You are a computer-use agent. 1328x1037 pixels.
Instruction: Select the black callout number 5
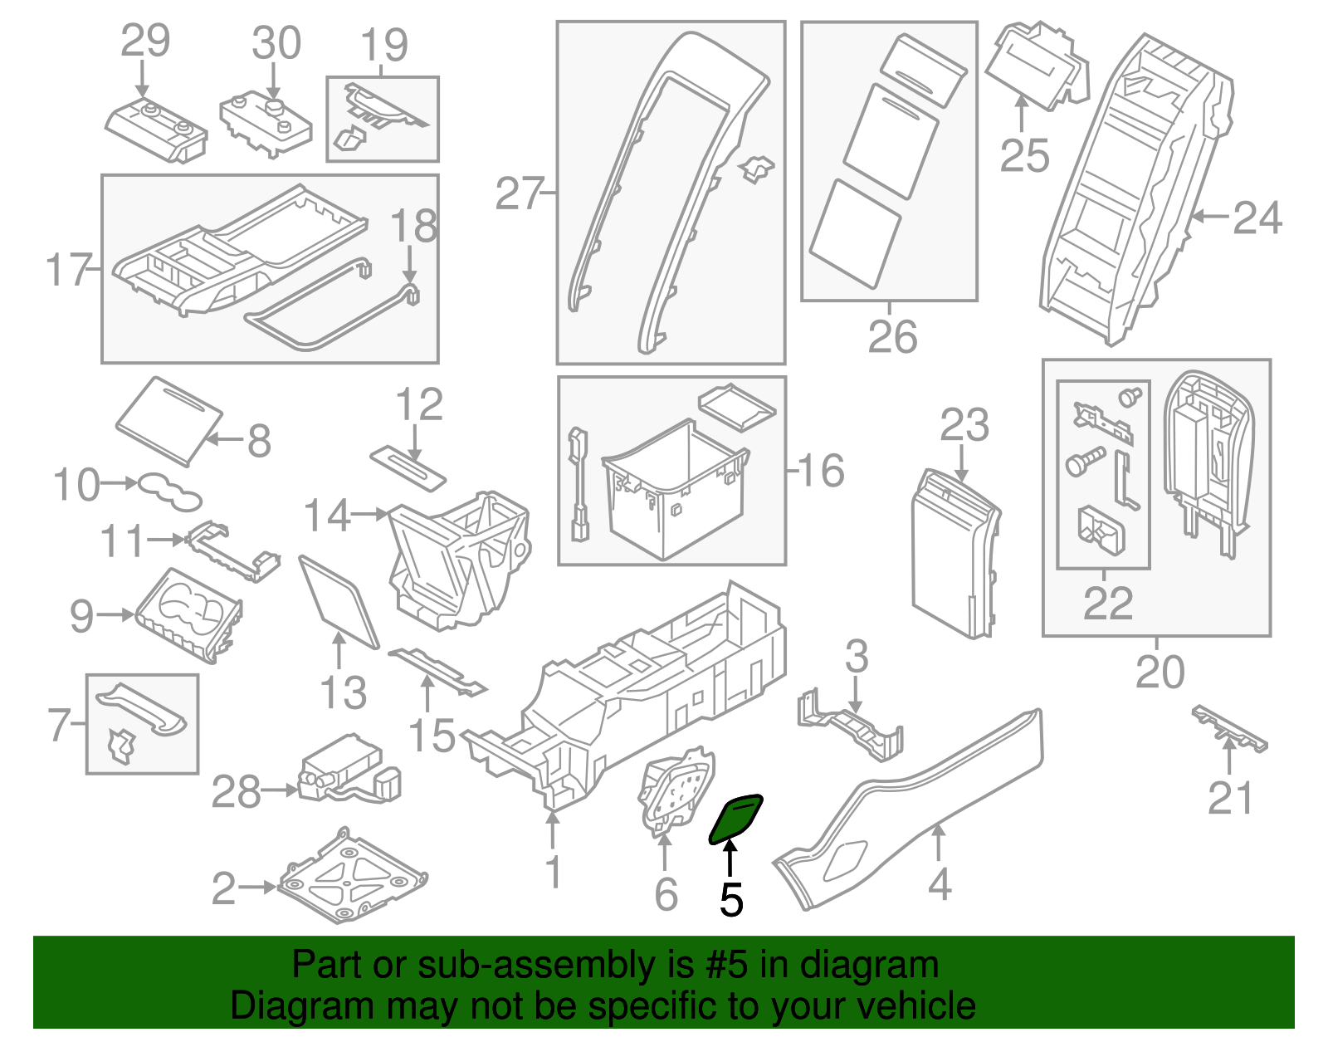click(730, 899)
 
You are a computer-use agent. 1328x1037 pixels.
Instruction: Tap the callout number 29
click(145, 41)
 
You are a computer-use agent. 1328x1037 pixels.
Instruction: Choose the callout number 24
click(1257, 218)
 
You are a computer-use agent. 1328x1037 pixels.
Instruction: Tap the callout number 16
click(821, 471)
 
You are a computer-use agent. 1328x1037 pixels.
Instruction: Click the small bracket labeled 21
click(1229, 728)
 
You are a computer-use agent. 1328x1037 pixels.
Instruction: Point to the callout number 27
click(519, 194)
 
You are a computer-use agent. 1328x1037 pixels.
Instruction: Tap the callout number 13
click(343, 692)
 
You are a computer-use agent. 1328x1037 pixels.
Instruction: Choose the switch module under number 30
click(266, 124)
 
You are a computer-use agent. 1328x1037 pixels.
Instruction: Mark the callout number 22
click(1107, 604)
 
